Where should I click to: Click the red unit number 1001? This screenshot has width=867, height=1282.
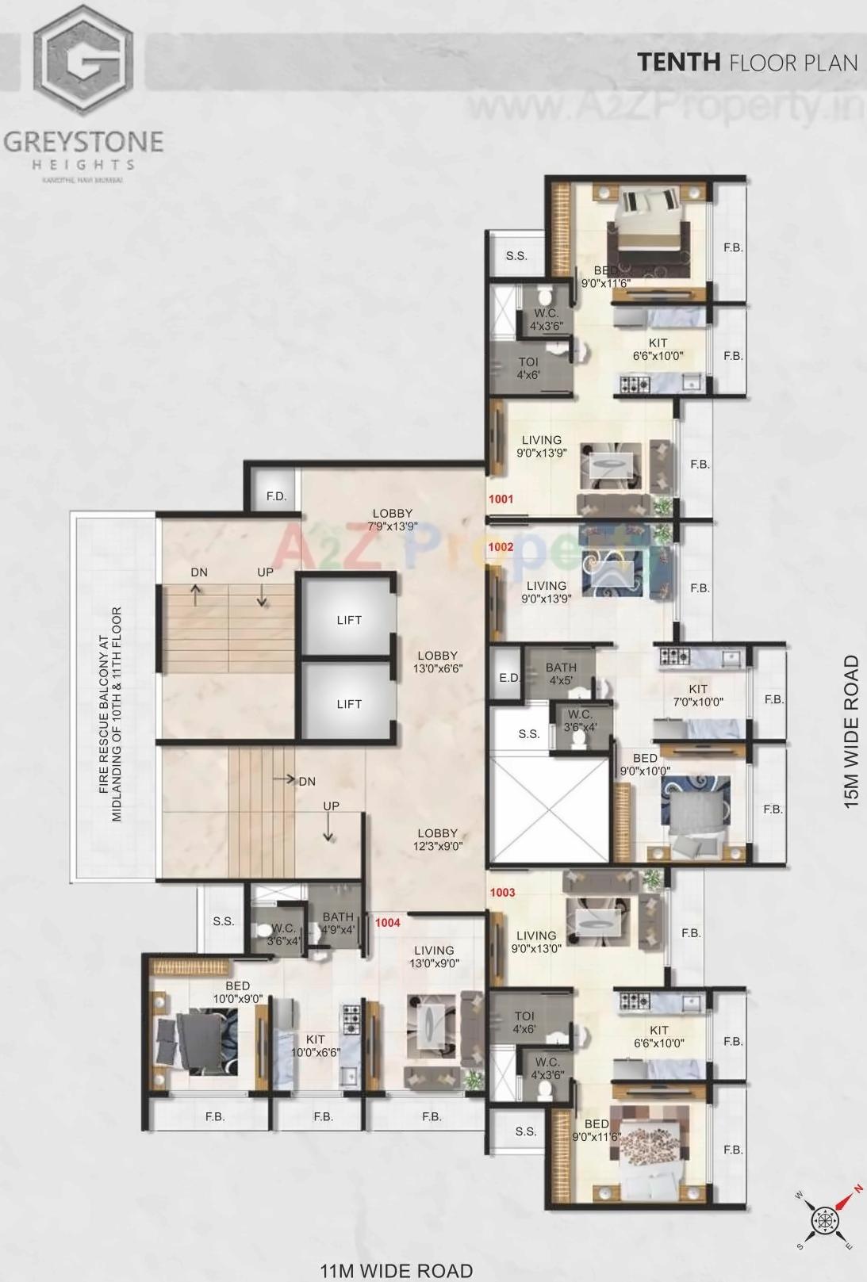501,499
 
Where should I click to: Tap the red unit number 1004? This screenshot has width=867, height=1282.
388,923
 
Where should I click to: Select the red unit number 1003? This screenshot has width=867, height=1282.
502,893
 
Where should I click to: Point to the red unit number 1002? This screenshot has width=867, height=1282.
501,547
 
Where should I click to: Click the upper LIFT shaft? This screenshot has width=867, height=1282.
348,619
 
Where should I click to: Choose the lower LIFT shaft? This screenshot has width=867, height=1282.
348,703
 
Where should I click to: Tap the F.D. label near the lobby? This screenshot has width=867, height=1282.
276,497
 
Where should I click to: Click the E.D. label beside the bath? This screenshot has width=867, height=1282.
508,678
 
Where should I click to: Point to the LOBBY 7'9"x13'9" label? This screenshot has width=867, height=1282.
393,519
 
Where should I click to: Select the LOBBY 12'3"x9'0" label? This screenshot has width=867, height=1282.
438,840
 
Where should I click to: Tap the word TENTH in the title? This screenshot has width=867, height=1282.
678,63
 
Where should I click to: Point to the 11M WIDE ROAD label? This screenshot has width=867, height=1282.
397,1270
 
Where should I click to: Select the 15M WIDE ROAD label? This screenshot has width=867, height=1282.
851,731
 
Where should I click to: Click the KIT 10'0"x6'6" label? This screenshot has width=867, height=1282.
316,1046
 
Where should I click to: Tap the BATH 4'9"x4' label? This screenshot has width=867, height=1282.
338,923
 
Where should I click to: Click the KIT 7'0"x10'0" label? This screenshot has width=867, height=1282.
698,695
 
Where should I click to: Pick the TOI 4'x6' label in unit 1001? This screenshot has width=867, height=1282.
528,369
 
